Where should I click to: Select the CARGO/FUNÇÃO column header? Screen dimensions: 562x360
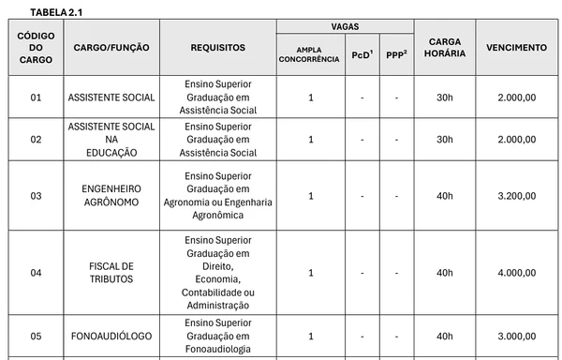point(102,47)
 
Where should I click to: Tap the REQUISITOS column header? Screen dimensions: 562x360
point(217,47)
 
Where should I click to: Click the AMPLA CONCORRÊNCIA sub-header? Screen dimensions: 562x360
point(309,54)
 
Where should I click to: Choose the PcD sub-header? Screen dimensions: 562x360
point(361,55)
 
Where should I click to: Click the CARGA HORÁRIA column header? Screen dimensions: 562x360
point(442,47)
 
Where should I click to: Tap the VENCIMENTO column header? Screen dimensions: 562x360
point(517,47)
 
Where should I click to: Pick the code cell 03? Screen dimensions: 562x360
point(37,196)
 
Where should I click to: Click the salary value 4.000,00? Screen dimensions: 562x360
point(517,273)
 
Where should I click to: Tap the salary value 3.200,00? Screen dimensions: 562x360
point(517,196)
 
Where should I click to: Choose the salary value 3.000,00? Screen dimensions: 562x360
point(517,336)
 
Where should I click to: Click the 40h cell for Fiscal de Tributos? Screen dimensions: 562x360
point(442,273)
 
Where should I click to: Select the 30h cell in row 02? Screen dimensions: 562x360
point(442,139)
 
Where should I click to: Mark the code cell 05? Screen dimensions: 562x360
point(37,336)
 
